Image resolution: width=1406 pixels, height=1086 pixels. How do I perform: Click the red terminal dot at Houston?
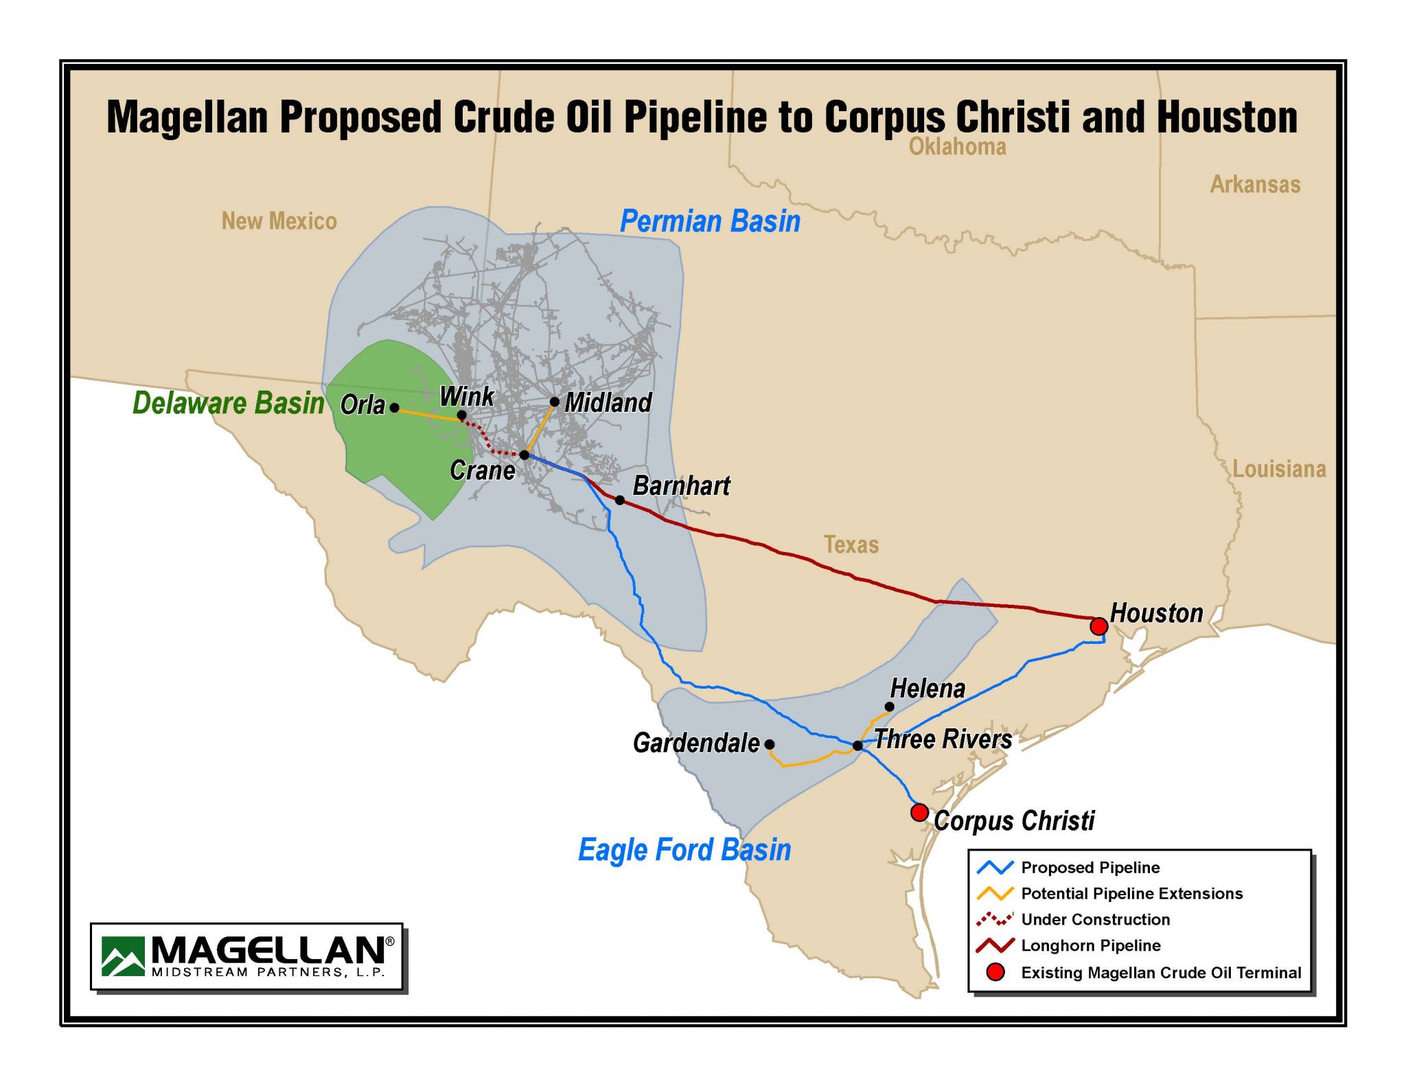[x=1098, y=626]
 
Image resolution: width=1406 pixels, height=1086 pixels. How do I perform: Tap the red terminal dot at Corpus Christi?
[x=919, y=813]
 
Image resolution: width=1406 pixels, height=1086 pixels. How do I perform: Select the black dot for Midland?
[x=555, y=402]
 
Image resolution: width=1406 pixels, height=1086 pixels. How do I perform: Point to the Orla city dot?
[x=394, y=407]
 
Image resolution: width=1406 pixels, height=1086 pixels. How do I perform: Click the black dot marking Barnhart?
[x=619, y=500]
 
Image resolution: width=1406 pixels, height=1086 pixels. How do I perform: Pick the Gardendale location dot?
[x=770, y=744]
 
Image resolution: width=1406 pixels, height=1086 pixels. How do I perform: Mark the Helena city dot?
[x=889, y=706]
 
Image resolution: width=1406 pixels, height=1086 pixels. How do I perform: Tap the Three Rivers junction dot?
[x=857, y=746]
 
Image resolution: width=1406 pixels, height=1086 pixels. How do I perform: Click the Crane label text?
[x=483, y=470]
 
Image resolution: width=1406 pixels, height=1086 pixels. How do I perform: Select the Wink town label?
[x=466, y=396]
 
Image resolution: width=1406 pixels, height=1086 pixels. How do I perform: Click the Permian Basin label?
[x=710, y=221]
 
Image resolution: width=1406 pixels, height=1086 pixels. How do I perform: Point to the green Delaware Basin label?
[x=228, y=403]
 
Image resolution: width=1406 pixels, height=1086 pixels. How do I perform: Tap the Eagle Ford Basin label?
[x=684, y=849]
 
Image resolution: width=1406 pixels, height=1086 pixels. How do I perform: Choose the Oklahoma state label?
[x=957, y=146]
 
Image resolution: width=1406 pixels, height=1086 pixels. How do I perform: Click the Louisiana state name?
[x=1279, y=469]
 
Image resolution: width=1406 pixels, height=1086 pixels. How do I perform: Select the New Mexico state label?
[x=279, y=221]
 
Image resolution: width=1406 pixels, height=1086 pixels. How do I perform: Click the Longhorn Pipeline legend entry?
[x=1090, y=945]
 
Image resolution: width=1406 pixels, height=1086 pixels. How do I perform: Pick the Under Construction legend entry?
[x=1095, y=919]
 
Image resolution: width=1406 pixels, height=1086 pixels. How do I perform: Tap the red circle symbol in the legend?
[x=995, y=972]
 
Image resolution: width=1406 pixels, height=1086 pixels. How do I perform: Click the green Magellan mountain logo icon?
[x=123, y=956]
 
